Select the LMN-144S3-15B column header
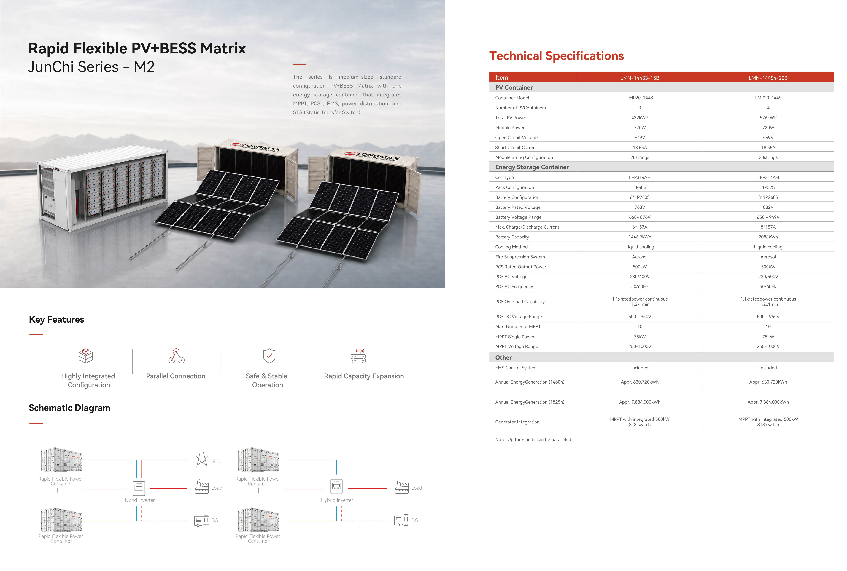tap(640, 78)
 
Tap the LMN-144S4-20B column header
tap(768, 78)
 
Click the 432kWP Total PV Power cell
tap(640, 118)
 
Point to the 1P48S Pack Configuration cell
tap(640, 187)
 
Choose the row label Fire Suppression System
tap(520, 257)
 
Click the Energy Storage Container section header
tap(532, 167)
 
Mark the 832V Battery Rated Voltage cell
tap(768, 207)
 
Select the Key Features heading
tap(56, 319)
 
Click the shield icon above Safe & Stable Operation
tap(269, 356)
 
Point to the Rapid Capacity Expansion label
tap(364, 376)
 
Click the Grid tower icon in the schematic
tap(202, 459)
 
